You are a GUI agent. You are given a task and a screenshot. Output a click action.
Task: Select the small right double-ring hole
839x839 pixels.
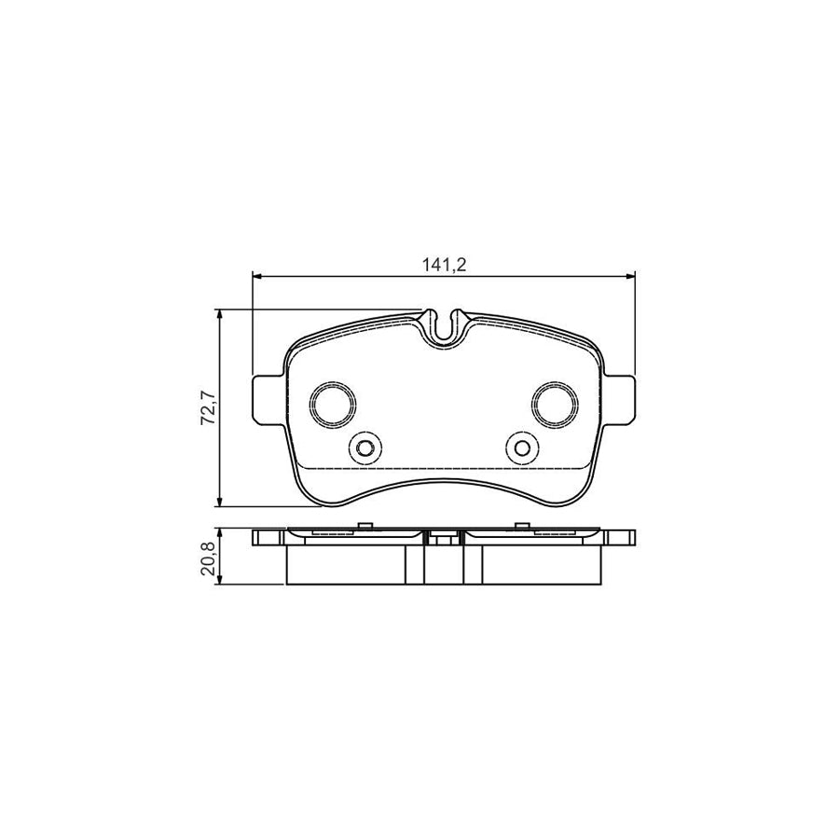(522, 448)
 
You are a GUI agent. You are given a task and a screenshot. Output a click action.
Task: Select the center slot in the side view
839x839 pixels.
(444, 539)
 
